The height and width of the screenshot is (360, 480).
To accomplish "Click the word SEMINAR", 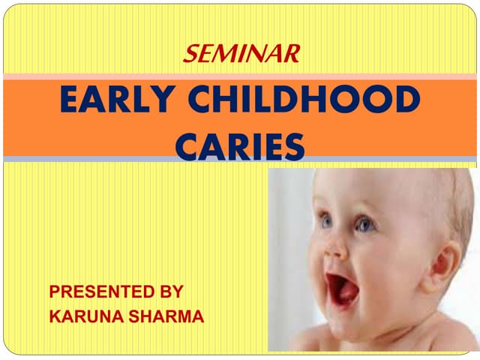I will tap(241, 52).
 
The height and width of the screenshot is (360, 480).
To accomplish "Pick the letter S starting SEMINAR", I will tap(190, 52).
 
